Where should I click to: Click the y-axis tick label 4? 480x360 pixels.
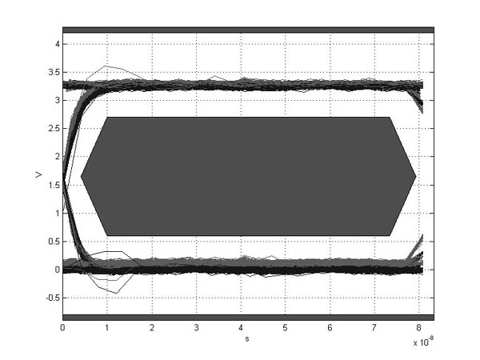point(56,45)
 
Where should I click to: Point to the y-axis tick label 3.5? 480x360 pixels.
point(53,73)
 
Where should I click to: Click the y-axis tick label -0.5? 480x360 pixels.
point(51,298)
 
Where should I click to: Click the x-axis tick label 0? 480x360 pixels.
point(63,328)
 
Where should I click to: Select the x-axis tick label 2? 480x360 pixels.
point(152,328)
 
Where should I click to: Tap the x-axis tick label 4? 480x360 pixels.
point(241,328)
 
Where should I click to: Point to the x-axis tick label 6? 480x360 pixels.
point(330,328)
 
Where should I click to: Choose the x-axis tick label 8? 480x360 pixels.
point(418,328)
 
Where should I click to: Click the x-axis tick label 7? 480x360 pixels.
point(374,328)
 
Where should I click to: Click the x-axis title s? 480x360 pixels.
point(248,338)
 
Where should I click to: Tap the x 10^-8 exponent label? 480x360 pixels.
point(421,341)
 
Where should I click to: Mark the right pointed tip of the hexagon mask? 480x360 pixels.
point(415,176)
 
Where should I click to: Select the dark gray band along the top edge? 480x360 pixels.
point(248,30)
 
